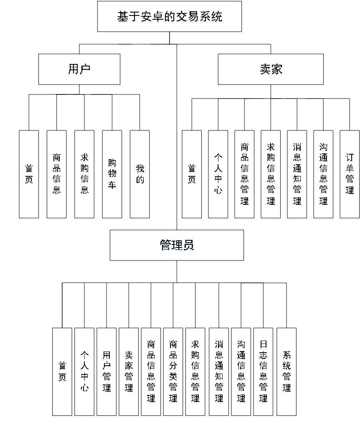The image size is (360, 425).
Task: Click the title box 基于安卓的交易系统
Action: (x=170, y=18)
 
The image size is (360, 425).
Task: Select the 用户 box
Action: (x=79, y=70)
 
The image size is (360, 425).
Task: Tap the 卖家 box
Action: (x=271, y=70)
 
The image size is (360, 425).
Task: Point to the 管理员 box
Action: (x=177, y=246)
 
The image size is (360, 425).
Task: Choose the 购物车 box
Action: (x=112, y=175)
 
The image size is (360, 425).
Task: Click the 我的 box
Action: (x=140, y=175)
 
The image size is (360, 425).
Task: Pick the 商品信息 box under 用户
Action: (x=57, y=175)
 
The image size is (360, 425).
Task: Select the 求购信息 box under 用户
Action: (x=85, y=175)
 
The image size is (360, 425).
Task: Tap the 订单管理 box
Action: (x=350, y=175)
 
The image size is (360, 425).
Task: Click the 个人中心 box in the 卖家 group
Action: (x=218, y=175)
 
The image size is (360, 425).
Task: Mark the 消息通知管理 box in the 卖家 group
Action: (x=297, y=175)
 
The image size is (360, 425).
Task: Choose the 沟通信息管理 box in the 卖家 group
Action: (x=323, y=175)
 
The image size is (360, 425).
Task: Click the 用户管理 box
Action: (x=106, y=372)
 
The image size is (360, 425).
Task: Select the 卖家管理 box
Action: (x=129, y=372)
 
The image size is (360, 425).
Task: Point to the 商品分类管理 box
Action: (x=173, y=372)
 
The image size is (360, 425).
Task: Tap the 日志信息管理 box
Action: (x=264, y=372)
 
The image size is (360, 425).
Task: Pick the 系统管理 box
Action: (x=286, y=372)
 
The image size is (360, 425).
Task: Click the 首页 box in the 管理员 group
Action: (x=62, y=372)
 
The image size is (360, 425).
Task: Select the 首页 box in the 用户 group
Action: (x=29, y=175)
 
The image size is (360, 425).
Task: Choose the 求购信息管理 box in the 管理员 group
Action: (x=195, y=372)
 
